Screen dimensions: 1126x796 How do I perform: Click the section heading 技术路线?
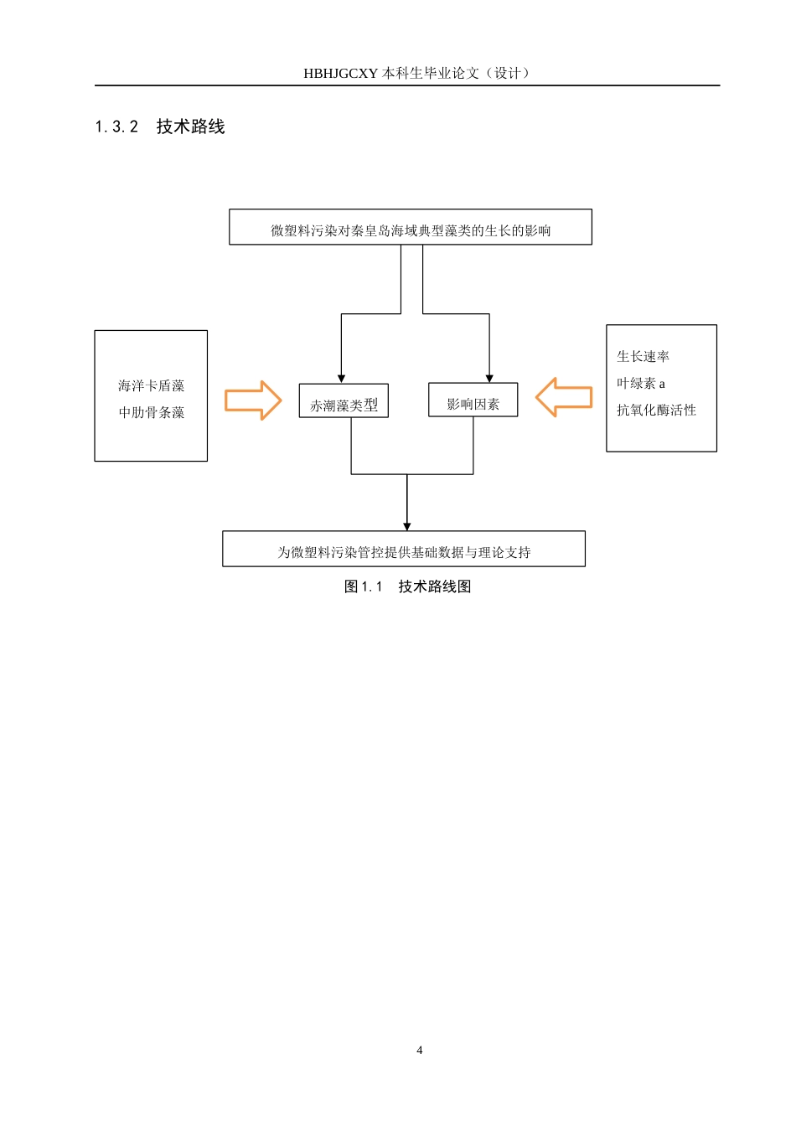click(x=190, y=127)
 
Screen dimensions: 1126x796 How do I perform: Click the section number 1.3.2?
click(x=116, y=127)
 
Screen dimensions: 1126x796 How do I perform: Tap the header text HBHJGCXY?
click(x=340, y=74)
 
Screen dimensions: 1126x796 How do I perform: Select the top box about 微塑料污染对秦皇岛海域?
click(x=411, y=228)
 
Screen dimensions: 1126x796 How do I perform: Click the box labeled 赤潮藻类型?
click(x=344, y=401)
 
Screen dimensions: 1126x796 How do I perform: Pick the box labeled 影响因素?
click(x=473, y=400)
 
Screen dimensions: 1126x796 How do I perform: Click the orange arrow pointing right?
click(x=253, y=400)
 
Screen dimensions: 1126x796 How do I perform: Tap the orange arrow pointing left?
click(x=564, y=397)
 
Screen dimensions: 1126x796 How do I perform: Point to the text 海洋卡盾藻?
click(x=151, y=386)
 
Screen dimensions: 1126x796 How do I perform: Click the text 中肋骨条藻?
click(x=151, y=413)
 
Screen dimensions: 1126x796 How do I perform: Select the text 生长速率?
click(x=643, y=357)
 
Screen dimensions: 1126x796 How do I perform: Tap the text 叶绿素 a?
click(x=641, y=384)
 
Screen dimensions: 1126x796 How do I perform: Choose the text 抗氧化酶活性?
click(x=656, y=411)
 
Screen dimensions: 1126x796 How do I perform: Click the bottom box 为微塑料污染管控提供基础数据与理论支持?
click(x=404, y=550)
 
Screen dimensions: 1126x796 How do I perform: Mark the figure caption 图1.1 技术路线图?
click(x=407, y=586)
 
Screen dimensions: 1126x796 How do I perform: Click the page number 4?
click(x=420, y=1051)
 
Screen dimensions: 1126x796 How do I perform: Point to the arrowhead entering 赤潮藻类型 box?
click(x=341, y=379)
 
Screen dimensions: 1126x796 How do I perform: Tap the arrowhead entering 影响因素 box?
click(x=489, y=379)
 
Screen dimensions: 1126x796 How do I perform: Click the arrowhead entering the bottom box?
click(x=407, y=526)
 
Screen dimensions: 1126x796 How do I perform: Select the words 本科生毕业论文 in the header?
click(x=431, y=74)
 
